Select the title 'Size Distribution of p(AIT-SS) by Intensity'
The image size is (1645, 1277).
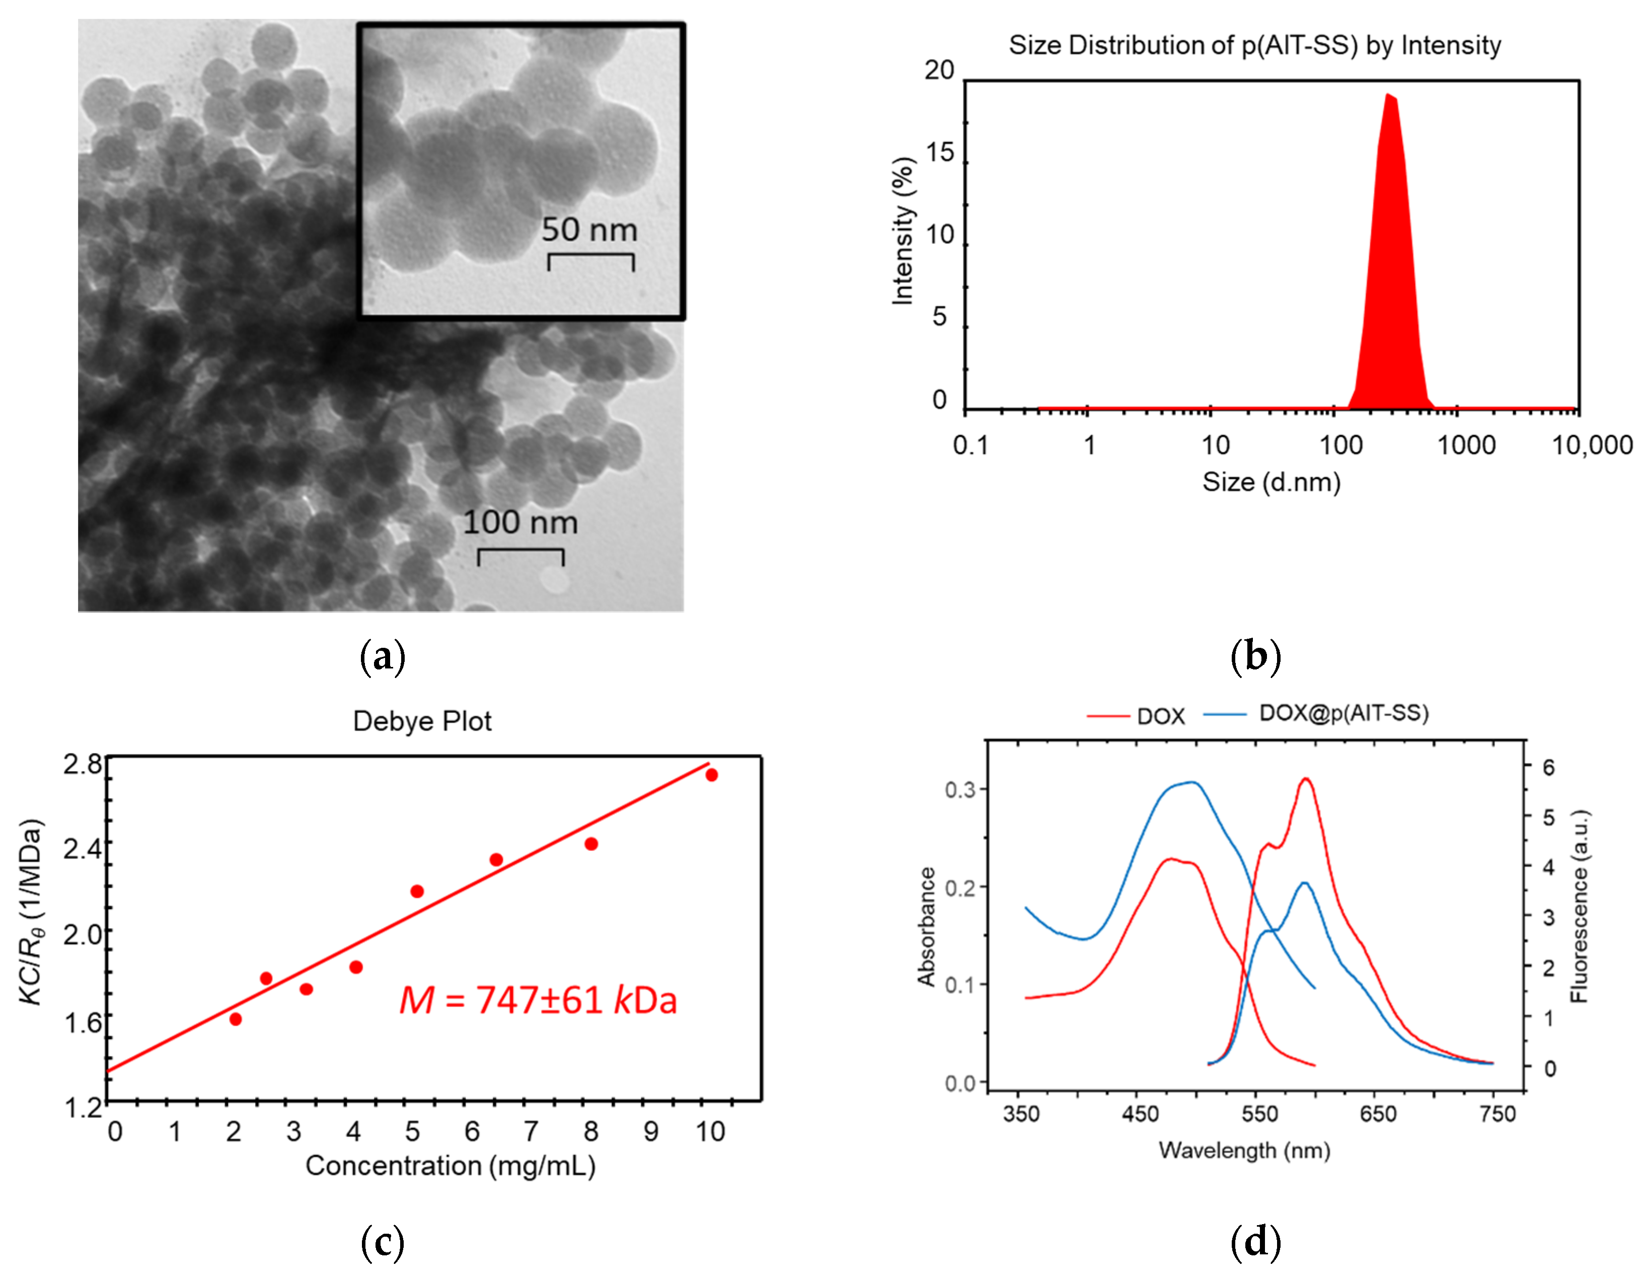point(1255,45)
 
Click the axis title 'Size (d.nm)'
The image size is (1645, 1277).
point(1272,482)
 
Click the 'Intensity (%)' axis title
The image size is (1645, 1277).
point(903,232)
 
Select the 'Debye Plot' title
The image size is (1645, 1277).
point(422,721)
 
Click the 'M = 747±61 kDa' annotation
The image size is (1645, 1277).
point(538,1001)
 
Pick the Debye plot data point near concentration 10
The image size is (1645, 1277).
point(712,775)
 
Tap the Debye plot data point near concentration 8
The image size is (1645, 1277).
point(591,844)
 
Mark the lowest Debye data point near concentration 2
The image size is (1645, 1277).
point(235,1019)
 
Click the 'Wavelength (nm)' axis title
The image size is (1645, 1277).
point(1244,1151)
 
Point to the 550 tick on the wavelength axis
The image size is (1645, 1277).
point(1259,1113)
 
